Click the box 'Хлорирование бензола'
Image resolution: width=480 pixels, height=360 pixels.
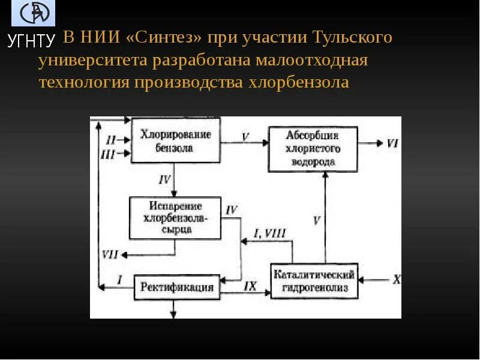175,140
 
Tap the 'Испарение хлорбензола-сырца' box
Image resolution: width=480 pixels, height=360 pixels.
175,218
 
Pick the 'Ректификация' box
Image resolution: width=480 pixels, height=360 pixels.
177,286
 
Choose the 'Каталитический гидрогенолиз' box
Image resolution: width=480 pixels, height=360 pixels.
314,281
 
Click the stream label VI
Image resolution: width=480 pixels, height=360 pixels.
392,143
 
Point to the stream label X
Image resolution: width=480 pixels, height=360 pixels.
396,279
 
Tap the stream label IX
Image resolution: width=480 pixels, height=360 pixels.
250,286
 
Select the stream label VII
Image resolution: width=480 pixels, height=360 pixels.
110,254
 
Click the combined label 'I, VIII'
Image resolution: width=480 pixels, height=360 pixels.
270,233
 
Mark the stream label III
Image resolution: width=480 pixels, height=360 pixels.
108,154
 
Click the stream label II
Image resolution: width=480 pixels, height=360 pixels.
110,140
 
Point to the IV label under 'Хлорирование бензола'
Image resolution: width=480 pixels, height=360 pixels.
165,179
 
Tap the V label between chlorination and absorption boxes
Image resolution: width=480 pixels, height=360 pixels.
245,136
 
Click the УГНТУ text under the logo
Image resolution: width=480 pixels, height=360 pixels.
31,41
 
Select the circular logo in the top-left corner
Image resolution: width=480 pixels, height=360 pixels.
33,13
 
